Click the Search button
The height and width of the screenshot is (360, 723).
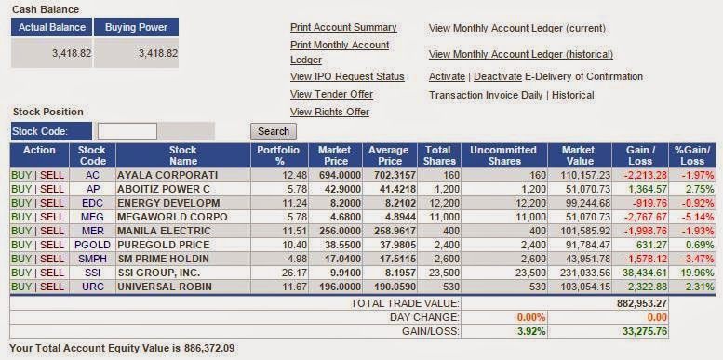point(274,131)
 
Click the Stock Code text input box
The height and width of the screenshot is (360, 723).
point(127,131)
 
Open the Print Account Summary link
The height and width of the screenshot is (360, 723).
point(343,28)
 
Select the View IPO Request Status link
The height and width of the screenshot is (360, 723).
point(347,76)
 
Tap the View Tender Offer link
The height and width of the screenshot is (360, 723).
point(331,94)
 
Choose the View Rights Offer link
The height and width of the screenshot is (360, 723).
point(329,112)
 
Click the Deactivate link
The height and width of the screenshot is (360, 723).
point(498,76)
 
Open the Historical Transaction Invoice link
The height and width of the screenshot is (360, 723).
point(572,96)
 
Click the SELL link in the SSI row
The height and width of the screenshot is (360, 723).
point(52,273)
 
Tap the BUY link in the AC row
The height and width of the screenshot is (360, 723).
point(21,175)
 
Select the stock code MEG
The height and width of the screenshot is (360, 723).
point(93,217)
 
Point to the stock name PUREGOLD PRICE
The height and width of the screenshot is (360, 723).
point(164,245)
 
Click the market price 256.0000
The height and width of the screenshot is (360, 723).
point(336,231)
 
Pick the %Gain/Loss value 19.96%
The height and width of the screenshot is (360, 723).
point(697,273)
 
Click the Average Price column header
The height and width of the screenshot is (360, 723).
point(388,155)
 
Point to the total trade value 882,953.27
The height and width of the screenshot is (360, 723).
point(642,303)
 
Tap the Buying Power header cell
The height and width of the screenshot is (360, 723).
point(137,27)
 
